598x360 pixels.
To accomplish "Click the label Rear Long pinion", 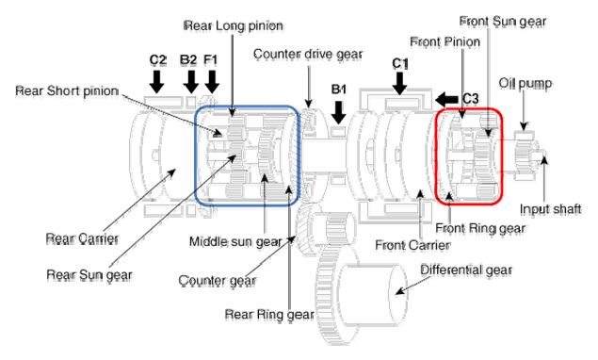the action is point(234,26).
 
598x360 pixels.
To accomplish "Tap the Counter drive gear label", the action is point(308,55).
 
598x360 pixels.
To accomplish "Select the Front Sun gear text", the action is point(503,22).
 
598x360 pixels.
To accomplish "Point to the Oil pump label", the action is point(525,84).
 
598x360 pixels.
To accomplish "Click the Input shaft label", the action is point(550,209).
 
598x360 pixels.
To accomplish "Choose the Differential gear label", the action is point(466,270).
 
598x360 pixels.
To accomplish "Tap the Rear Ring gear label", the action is point(269,314).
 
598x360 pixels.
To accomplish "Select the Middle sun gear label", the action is point(235,241).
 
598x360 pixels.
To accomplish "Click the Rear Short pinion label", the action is point(67,90).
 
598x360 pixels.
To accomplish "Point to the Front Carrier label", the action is point(412,245).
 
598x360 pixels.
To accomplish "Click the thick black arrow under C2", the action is point(156,81).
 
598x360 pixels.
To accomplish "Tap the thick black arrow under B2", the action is point(190,81).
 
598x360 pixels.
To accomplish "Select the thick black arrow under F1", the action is point(212,81).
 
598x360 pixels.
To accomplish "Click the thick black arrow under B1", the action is point(338,112).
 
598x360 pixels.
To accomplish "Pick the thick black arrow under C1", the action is point(399,83).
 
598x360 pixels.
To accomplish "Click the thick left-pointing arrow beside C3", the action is point(446,100).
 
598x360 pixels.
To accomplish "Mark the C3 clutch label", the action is point(470,99).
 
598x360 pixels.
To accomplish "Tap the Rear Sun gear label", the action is point(89,275).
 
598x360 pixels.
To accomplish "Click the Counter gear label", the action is point(217,281).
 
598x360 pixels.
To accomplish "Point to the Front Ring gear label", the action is point(480,228).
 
